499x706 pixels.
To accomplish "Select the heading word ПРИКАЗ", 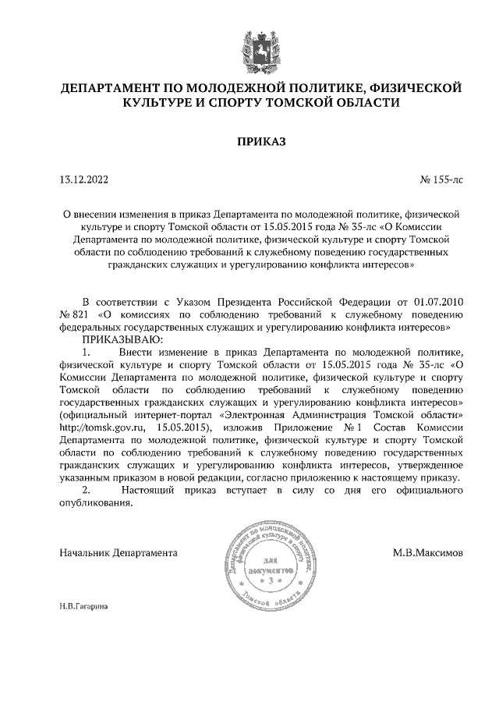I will (x=261, y=141).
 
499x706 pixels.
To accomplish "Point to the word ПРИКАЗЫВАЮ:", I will (x=119, y=339).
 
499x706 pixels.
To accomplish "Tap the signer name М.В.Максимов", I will (x=428, y=553).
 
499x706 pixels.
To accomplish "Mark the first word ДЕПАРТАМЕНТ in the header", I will (x=115, y=87).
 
